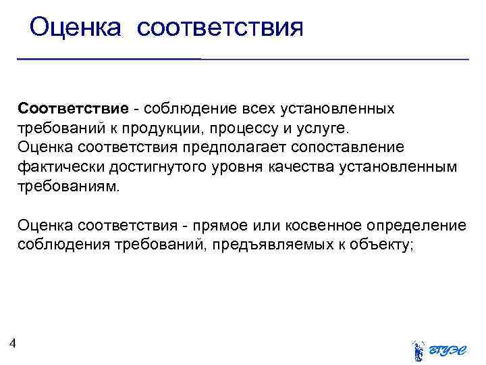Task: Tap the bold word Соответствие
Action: coord(73,109)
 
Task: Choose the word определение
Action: coord(419,224)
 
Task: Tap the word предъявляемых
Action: coord(269,244)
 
